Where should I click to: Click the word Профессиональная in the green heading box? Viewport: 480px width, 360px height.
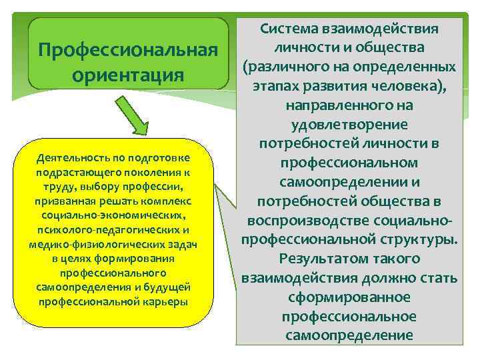[x=128, y=50]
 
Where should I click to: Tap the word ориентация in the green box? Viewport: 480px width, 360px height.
[x=128, y=74]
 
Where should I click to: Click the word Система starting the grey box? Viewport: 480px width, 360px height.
[x=291, y=29]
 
